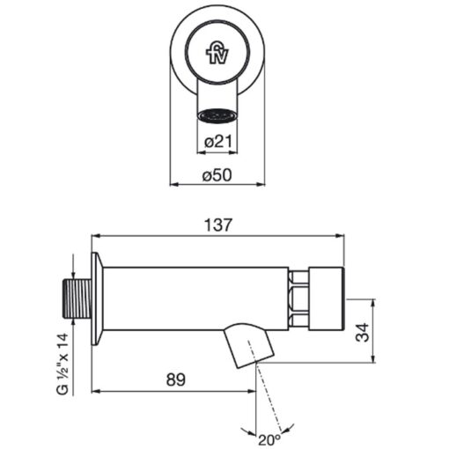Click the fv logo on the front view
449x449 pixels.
coord(217,55)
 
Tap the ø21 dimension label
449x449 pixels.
coord(218,142)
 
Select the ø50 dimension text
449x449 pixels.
coord(217,175)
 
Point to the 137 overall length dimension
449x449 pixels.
coord(218,225)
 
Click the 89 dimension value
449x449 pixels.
coord(176,379)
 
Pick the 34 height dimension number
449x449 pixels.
coord(362,332)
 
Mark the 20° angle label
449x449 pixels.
coord(269,439)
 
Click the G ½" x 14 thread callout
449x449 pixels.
coord(62,364)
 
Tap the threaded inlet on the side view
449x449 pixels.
coord(77,298)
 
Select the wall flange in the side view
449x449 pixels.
coord(97,298)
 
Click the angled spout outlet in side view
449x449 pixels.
coord(249,345)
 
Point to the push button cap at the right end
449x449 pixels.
coord(326,298)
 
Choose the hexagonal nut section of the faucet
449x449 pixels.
coord(298,298)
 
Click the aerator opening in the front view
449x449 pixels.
coord(217,114)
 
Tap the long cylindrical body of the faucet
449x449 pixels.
coord(195,298)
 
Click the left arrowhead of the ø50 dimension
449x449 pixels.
coord(174,184)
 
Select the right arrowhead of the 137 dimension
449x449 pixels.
coord(340,235)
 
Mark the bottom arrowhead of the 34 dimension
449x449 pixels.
coord(373,358)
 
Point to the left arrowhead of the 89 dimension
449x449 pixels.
coord(96,391)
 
